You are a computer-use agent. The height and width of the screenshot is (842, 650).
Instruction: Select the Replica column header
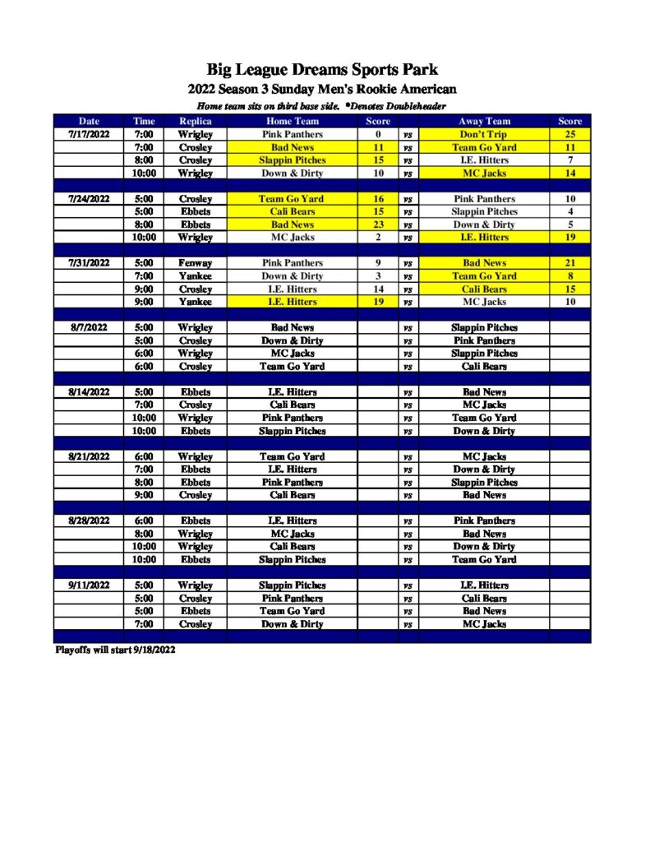(196, 121)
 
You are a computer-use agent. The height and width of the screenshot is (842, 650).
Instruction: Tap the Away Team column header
(484, 121)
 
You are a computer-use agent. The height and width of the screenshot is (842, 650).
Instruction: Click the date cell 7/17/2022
(89, 134)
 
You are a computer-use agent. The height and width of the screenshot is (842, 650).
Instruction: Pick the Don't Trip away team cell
(483, 134)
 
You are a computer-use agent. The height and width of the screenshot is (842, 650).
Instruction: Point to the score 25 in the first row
(569, 134)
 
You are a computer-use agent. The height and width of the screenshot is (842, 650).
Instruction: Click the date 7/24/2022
(89, 198)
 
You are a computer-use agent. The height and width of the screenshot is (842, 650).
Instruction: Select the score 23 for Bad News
(378, 224)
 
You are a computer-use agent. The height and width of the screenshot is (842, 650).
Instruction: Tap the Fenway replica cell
(196, 263)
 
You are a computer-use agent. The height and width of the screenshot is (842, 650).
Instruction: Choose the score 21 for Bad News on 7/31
(569, 263)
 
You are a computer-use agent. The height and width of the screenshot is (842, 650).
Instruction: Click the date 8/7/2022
(89, 327)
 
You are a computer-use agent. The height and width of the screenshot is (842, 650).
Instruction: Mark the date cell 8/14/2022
(89, 392)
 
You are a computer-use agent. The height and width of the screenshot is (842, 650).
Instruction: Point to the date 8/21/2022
(89, 456)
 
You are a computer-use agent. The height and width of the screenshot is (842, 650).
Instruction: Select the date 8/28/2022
(89, 520)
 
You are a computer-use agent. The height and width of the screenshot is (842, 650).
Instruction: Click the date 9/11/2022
(89, 585)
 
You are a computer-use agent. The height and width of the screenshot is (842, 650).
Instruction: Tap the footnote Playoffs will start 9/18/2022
(115, 650)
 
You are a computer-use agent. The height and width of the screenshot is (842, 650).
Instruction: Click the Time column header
(144, 121)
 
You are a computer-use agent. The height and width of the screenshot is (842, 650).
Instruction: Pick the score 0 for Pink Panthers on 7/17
(378, 134)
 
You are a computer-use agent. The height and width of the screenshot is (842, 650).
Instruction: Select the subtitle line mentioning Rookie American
(322, 90)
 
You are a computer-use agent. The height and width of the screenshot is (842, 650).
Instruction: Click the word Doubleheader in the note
(416, 107)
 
